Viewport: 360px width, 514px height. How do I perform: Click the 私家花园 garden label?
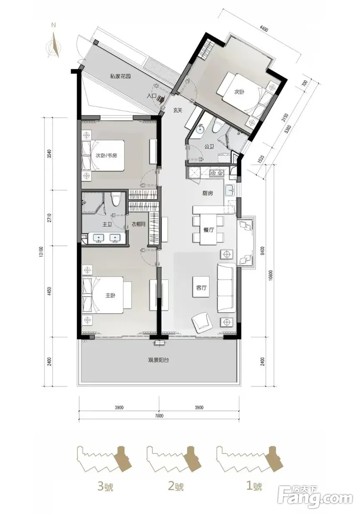(x=120, y=76)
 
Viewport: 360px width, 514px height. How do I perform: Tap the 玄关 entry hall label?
(x=177, y=110)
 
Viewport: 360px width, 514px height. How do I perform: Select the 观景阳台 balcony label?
(x=159, y=360)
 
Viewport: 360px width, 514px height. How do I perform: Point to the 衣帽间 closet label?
(x=138, y=224)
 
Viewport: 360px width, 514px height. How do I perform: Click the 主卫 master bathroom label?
(x=107, y=225)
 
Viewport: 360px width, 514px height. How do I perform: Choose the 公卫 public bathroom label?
(x=209, y=146)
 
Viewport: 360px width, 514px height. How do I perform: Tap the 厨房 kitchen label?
(x=208, y=193)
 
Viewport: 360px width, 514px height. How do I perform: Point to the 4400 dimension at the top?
(x=263, y=29)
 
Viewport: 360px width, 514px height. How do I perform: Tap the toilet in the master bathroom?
(x=114, y=199)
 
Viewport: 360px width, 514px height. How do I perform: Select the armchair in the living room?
(x=201, y=321)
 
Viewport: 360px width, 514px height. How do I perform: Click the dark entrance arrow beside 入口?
(x=161, y=99)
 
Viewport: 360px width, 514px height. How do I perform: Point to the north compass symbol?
(x=55, y=45)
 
